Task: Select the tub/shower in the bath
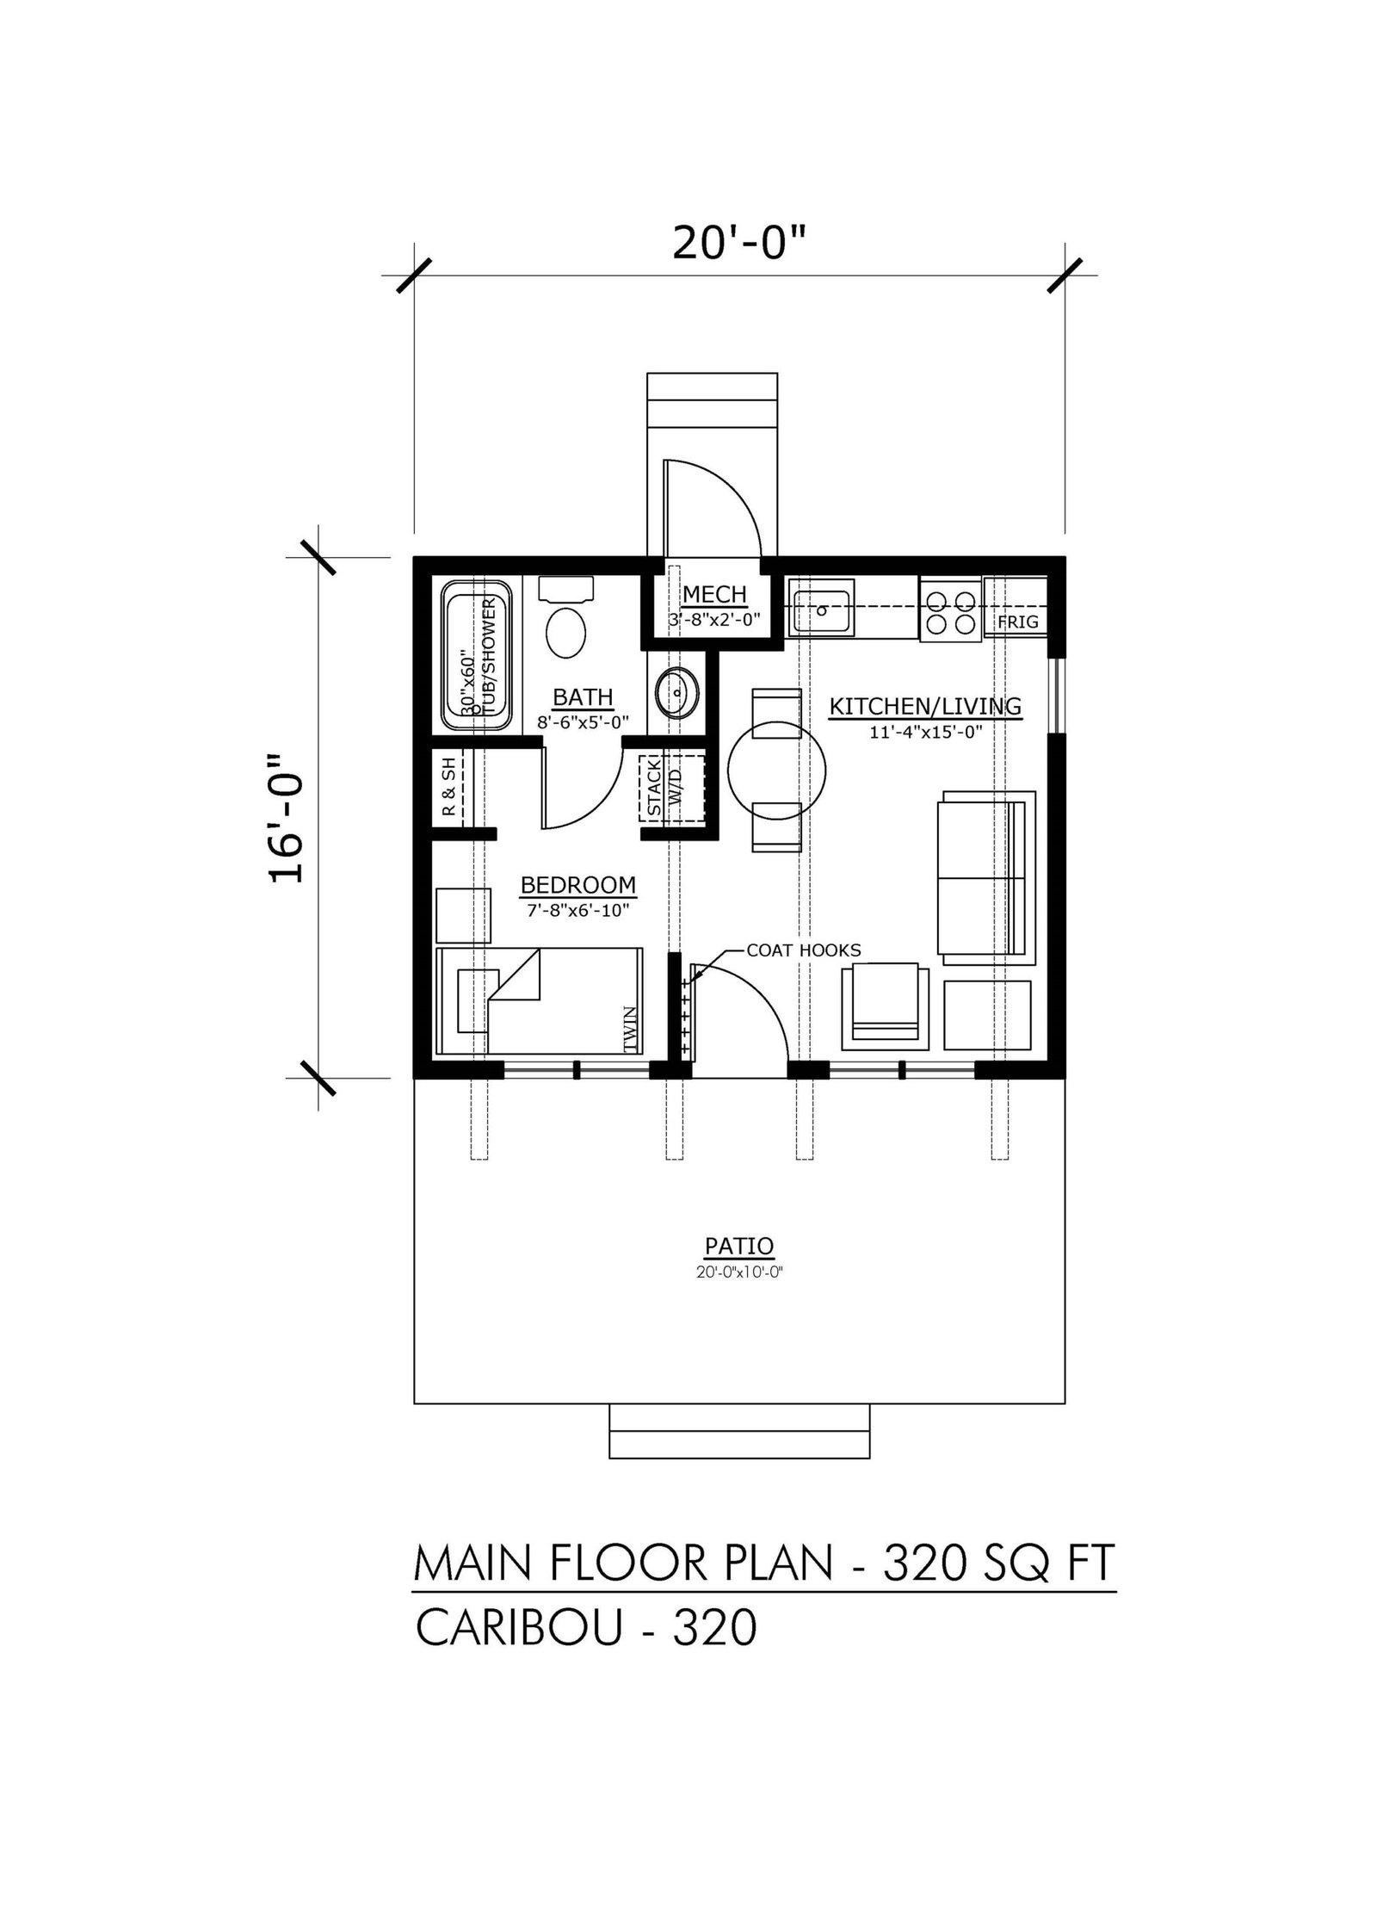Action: point(476,655)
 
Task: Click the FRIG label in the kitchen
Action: point(1018,622)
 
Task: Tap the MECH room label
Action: point(714,594)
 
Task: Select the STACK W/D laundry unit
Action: point(671,786)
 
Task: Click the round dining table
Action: point(776,770)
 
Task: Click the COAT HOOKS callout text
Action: point(804,950)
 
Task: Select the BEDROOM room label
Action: point(578,885)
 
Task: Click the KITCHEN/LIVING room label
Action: point(925,707)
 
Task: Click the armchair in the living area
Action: point(886,1006)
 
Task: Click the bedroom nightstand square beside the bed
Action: point(464,915)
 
